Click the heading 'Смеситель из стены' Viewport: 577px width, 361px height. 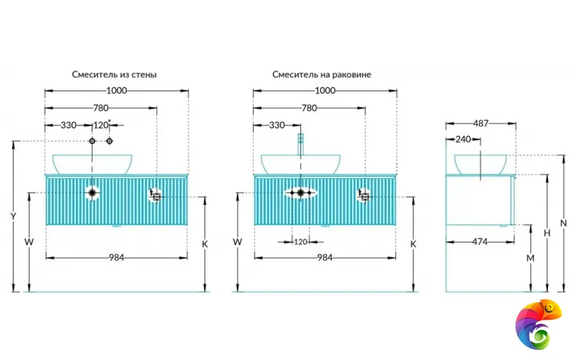tap(114, 74)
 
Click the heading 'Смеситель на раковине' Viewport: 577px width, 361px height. tap(322, 74)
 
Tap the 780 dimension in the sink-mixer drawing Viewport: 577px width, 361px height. tap(309, 108)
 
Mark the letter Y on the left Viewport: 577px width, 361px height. tap(13, 217)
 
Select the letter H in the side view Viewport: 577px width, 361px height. tap(547, 233)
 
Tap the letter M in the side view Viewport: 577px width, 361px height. tap(529, 258)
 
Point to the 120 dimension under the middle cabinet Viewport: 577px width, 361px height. tap(301, 242)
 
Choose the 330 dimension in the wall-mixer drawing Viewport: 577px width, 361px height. tap(68, 125)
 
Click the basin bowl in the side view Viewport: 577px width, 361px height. tap(479, 165)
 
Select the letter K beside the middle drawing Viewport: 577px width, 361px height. tap(413, 244)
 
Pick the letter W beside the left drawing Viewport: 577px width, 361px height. tap(29, 242)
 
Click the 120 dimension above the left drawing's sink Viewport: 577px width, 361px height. tap(100, 125)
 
